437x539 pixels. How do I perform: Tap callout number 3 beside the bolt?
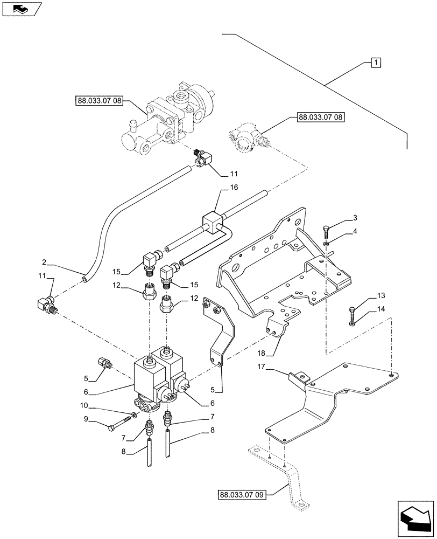[x=355, y=217]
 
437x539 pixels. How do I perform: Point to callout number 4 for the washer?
[x=355, y=231]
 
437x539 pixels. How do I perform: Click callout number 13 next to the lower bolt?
[x=366, y=295]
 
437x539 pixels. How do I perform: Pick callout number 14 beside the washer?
[x=366, y=309]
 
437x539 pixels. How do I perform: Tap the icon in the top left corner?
[x=20, y=9]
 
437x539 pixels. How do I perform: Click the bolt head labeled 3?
[x=327, y=232]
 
